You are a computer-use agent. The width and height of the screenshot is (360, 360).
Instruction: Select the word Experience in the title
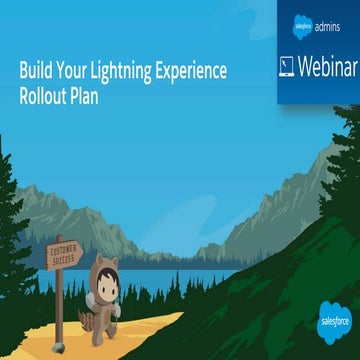[192, 71]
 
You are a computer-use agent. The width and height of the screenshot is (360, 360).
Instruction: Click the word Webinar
[320, 66]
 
